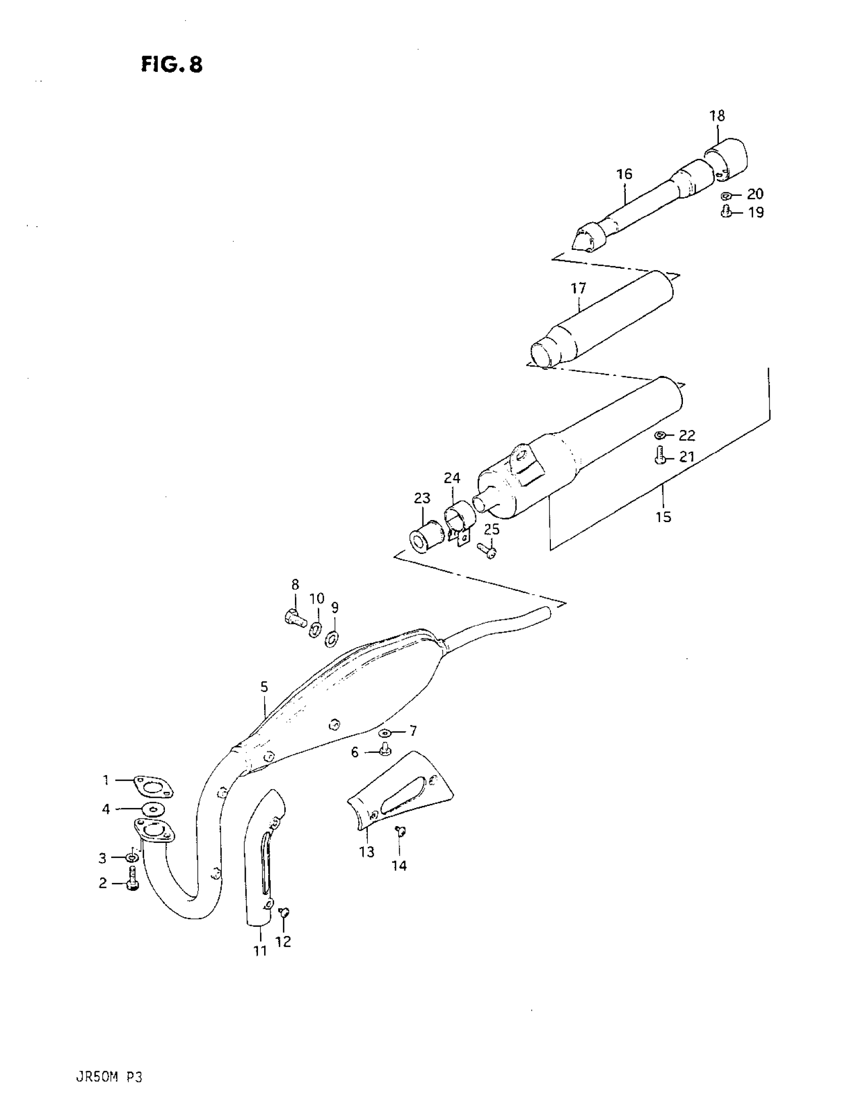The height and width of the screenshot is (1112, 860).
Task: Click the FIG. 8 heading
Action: [171, 65]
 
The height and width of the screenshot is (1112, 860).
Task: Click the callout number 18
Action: [717, 116]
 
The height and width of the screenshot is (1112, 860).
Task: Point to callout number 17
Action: [578, 289]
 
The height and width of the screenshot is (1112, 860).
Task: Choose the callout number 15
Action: [663, 518]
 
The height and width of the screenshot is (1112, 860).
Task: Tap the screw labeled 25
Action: [487, 550]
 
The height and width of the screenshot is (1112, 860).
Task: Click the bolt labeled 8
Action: [294, 617]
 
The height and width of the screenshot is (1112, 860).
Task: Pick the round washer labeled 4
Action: [150, 809]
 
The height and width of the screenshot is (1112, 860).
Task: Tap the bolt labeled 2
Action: [133, 883]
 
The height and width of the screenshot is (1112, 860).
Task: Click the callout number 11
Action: [260, 950]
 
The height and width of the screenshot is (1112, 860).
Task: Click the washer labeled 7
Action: [384, 733]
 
